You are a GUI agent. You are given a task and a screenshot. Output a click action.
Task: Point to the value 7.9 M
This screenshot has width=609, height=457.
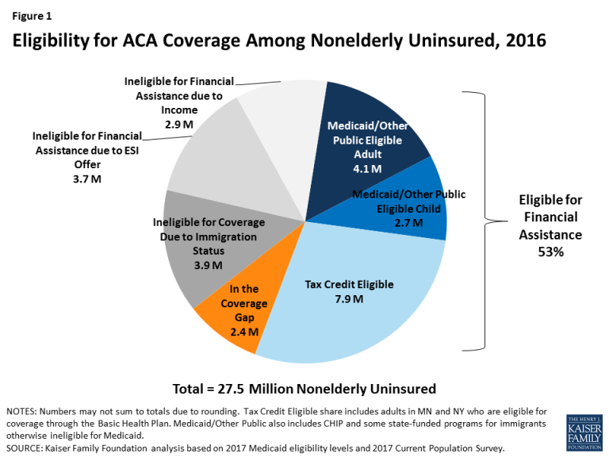click(350, 299)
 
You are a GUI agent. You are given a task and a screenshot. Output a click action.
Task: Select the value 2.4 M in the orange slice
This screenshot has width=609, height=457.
click(243, 332)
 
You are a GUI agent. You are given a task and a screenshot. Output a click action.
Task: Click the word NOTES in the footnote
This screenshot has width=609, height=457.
click(23, 412)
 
